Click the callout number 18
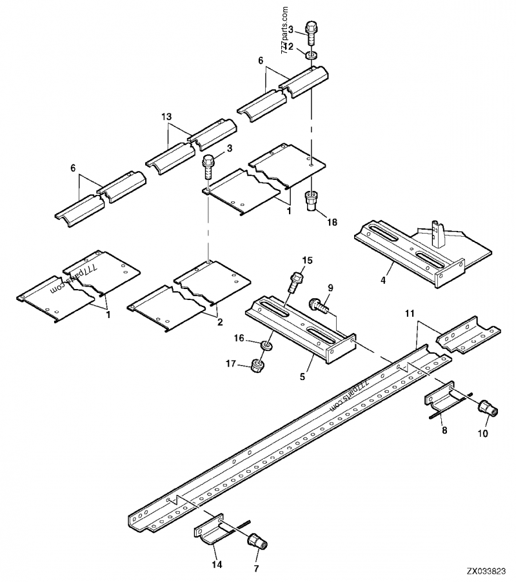coord(332,222)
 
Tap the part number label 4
coord(383,280)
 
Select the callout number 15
coord(307,260)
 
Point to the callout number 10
coord(482,434)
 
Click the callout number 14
coord(217,565)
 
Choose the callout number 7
coord(256,568)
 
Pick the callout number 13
coord(166,117)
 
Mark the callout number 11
coord(409,314)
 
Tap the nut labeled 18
coord(310,201)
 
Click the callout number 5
coord(303,377)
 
